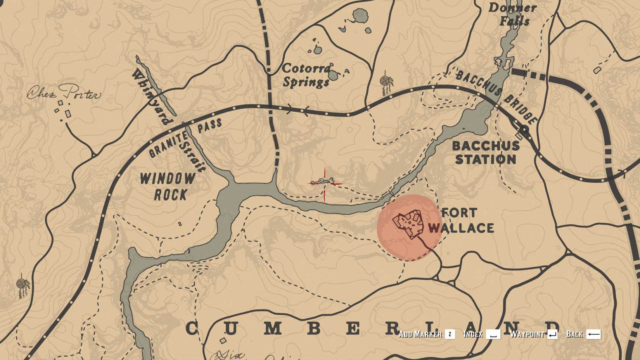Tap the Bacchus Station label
point(486,152)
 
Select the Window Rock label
point(168,186)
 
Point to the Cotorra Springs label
point(306,75)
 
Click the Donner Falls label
point(513,14)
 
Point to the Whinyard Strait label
point(167,116)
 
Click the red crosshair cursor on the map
point(325,183)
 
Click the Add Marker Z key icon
point(450,334)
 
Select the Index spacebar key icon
point(493,334)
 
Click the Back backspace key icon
point(593,334)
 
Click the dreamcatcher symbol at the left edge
point(23,286)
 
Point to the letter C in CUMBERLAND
point(192,329)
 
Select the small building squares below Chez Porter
point(63,111)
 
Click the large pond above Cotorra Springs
point(360,16)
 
